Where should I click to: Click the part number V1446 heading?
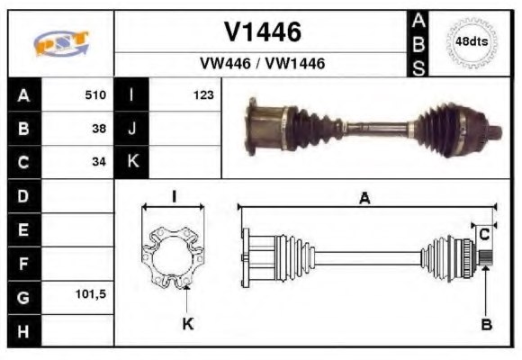click(262, 32)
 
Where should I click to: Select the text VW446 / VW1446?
click(262, 64)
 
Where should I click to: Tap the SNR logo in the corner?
click(60, 43)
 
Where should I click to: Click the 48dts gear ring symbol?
click(472, 42)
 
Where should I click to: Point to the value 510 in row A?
click(95, 94)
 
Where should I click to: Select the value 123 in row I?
click(202, 94)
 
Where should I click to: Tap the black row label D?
click(23, 195)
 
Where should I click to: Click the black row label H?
click(23, 330)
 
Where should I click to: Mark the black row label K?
click(132, 162)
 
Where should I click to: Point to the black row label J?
click(132, 128)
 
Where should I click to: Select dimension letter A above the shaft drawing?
click(364, 199)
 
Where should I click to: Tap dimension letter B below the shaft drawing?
click(486, 324)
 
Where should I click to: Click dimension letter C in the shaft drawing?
click(484, 234)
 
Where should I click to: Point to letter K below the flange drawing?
click(187, 323)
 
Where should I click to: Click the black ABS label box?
click(418, 43)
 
